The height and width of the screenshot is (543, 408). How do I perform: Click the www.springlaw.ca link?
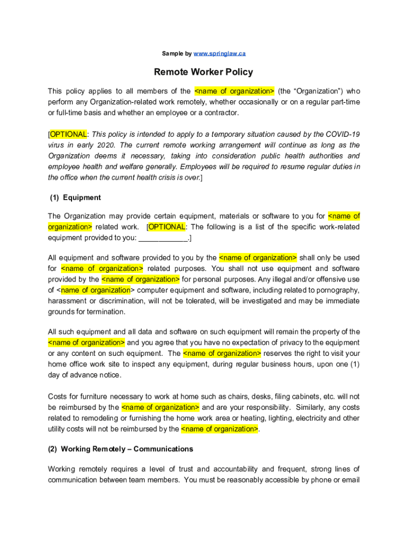coord(219,54)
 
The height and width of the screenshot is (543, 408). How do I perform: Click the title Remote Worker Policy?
coord(203,72)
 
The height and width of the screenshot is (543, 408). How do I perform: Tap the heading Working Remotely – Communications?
coord(127,449)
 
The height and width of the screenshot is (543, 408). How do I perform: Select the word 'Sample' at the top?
coord(172,54)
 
